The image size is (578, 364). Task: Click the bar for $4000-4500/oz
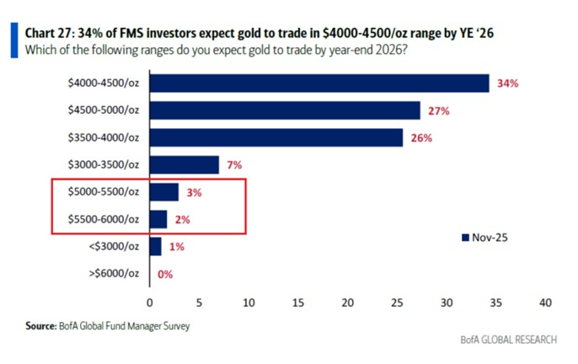click(318, 83)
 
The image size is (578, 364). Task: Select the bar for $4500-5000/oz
click(284, 110)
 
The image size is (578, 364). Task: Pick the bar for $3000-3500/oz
click(184, 165)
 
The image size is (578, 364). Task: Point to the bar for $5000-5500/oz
click(163, 193)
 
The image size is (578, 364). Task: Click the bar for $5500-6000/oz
click(158, 220)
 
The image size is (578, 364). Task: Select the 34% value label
click(507, 83)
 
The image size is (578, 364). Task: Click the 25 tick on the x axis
click(398, 302)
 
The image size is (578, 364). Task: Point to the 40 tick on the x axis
click(546, 302)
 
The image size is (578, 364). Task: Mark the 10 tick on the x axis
click(249, 302)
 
